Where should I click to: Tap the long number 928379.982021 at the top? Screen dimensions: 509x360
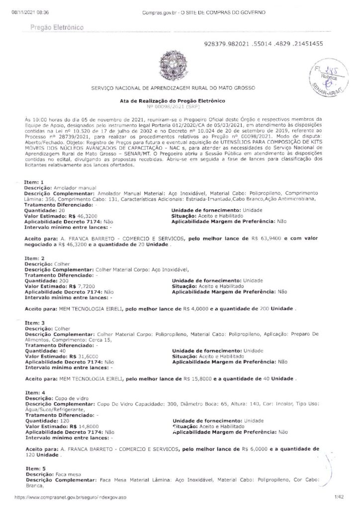pyautogui.click(x=264, y=44)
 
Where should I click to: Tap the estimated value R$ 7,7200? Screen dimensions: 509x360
pyautogui.click(x=82, y=287)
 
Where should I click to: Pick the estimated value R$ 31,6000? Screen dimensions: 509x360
pyautogui.click(x=84, y=356)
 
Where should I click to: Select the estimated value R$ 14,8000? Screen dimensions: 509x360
pyautogui.click(x=84, y=425)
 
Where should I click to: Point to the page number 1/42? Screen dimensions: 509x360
pyautogui.click(x=340, y=497)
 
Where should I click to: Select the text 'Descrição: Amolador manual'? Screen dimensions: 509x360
pyautogui.click(x=56, y=187)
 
